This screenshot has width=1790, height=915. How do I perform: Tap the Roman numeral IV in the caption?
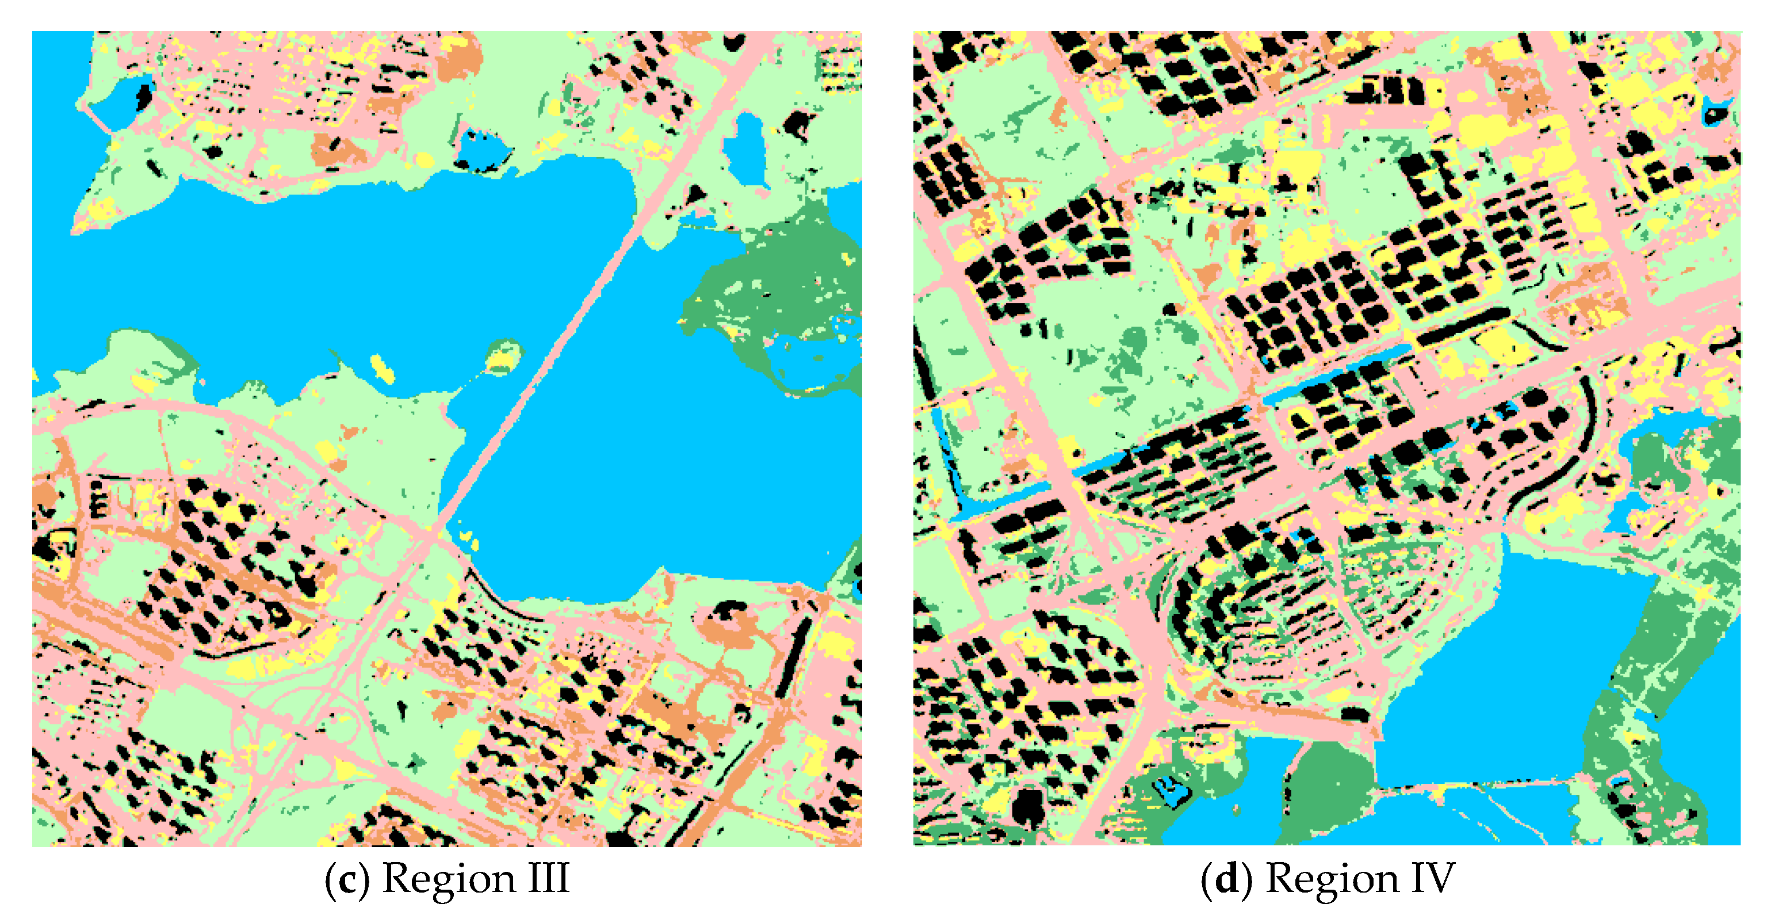pos(1434,878)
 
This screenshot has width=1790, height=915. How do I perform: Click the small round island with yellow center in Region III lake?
pos(504,357)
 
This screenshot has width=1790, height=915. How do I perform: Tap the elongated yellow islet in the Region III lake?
pos(381,367)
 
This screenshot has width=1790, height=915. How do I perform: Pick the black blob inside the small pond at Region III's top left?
pos(144,94)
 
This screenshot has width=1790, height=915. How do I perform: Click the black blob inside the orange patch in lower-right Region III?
pos(729,612)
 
